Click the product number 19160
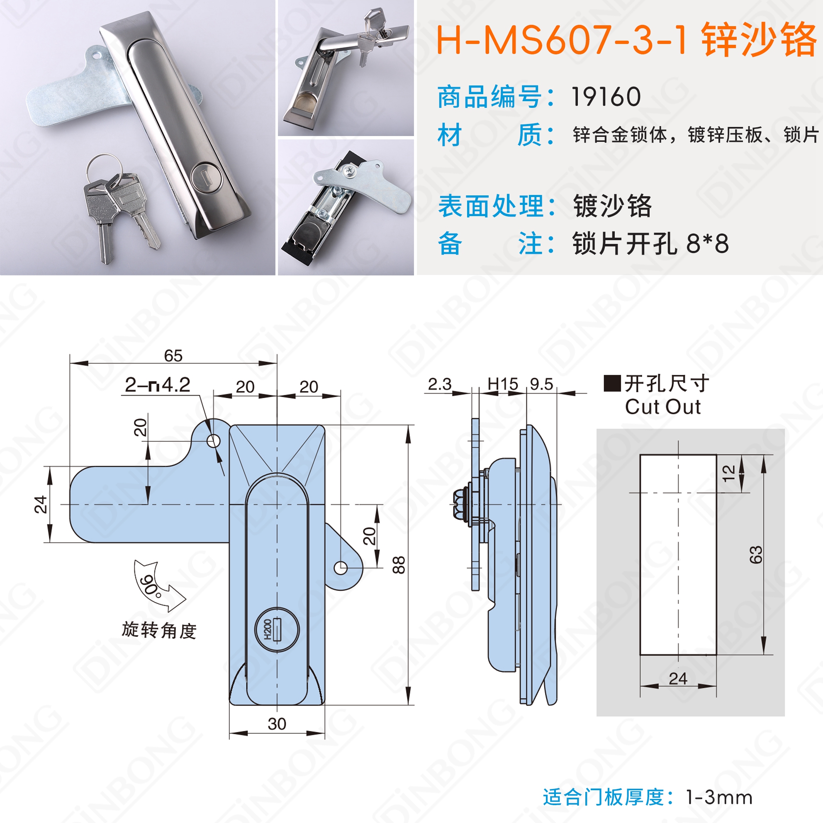606,97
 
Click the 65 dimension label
173,355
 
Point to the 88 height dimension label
399,565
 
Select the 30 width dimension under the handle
277,724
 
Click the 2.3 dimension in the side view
440,384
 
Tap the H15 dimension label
503,384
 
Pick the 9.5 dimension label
541,384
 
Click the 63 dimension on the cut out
756,555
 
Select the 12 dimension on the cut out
729,473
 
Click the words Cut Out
663,407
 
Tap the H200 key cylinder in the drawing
277,629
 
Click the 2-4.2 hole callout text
158,385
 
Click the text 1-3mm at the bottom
719,797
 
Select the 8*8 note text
708,243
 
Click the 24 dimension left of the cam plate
41,504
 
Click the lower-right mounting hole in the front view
341,567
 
